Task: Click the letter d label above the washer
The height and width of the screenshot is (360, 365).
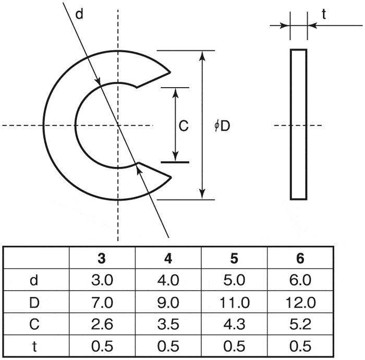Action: pos(79,14)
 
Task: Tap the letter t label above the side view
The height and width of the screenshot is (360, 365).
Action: pos(324,15)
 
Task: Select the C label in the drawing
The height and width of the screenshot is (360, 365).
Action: pos(184,126)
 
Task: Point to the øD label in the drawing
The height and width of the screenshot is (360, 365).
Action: pos(222,126)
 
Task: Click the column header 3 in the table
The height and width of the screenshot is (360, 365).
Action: pos(102,258)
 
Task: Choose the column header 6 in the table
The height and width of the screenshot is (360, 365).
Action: pos(300,258)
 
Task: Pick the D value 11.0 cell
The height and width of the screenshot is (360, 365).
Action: pos(235,303)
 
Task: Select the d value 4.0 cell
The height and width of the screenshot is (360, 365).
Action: pos(168,280)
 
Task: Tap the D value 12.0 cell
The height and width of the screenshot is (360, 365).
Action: pos(300,303)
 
